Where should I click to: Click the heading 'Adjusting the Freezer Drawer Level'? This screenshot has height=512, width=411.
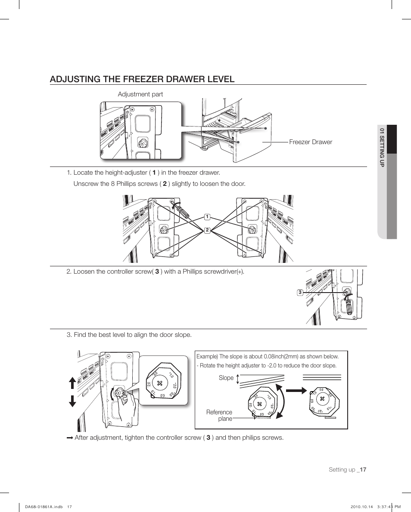142,79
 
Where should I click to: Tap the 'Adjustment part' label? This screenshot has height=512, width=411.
140,94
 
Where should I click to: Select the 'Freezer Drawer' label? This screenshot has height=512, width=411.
311,142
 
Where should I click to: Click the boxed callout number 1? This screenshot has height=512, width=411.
207,216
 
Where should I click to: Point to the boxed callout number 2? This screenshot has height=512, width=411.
207,230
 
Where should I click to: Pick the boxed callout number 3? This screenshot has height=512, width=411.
300,293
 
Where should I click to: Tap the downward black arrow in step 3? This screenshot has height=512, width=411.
72,400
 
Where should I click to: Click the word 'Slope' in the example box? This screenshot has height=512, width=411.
226,378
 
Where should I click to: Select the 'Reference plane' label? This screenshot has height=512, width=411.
219,415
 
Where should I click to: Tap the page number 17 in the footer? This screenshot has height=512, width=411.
362,469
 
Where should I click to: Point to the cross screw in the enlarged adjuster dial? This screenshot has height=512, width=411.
160,382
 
